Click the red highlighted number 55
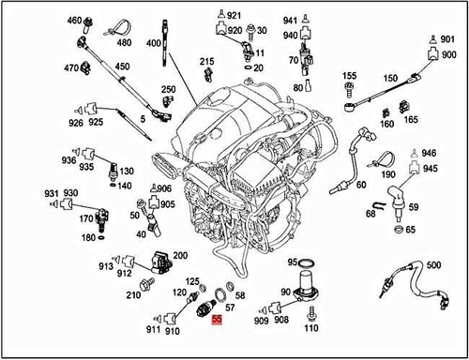point(217,321)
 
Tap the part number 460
point(74,21)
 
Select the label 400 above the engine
point(154,44)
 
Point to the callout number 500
point(432,264)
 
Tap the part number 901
point(447,38)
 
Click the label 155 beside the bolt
point(349,75)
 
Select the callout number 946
point(429,153)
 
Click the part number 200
point(180,255)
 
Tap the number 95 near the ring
point(292,262)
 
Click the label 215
point(207,61)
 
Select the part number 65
point(410,230)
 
